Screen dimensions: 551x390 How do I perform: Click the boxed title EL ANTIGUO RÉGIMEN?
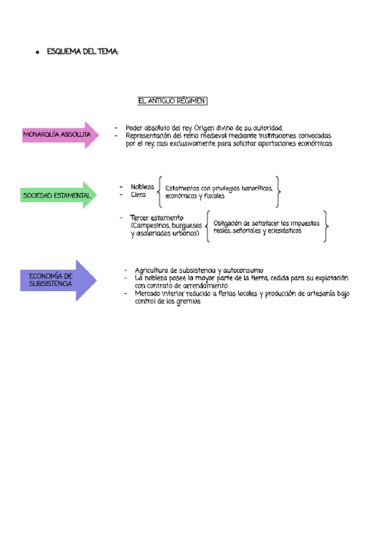pyautogui.click(x=172, y=101)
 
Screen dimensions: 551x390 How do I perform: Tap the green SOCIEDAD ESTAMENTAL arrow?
pyautogui.click(x=58, y=195)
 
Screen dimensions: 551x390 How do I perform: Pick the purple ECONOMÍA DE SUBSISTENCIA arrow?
pyautogui.click(x=58, y=280)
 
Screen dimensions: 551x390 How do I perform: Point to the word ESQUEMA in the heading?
pyautogui.click(x=62, y=52)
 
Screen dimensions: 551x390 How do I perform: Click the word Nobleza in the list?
pyautogui.click(x=142, y=186)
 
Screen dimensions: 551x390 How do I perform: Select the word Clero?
pyautogui.click(x=138, y=195)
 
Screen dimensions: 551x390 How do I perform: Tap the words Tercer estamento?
pyautogui.click(x=157, y=217)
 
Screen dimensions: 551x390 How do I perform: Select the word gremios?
pyautogui.click(x=187, y=301)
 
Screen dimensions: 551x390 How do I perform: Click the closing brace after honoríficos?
pyautogui.click(x=279, y=191)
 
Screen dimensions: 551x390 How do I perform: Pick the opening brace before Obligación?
pyautogui.click(x=207, y=227)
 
